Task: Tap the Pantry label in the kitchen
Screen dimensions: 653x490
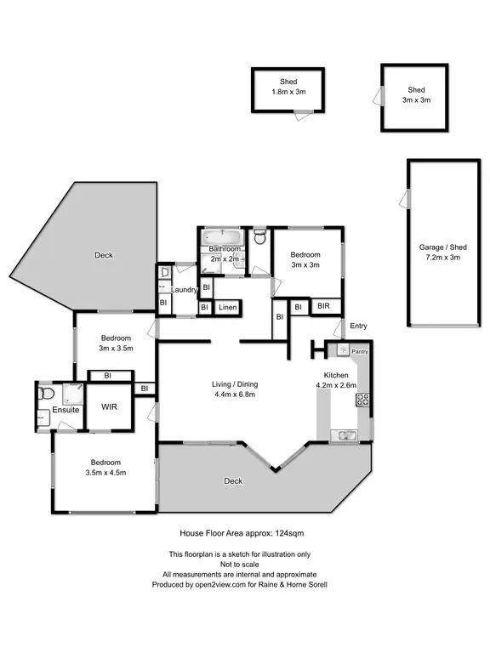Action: tap(358, 351)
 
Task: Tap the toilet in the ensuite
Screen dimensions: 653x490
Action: tap(48, 394)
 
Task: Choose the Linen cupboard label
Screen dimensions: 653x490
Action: tap(226, 307)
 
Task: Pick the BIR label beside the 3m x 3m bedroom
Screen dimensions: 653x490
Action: tap(324, 306)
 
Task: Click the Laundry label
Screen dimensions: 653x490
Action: tap(185, 290)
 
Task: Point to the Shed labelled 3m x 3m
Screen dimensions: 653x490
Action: tap(415, 94)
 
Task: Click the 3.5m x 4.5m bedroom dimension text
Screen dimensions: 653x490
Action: tap(105, 474)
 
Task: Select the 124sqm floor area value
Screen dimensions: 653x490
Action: tap(294, 533)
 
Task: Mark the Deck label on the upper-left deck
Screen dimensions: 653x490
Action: tap(104, 255)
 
